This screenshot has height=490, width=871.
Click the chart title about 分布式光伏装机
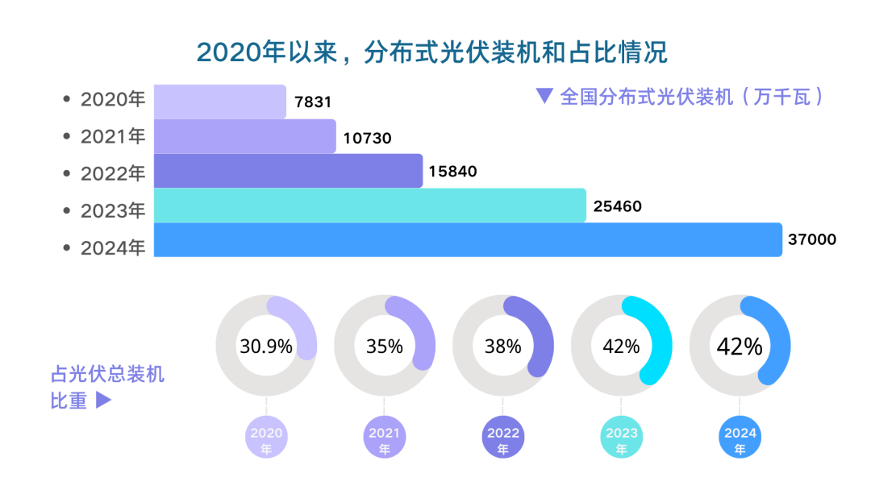(433, 53)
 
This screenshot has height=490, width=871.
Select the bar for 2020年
(219, 102)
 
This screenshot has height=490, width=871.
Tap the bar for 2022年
(288, 171)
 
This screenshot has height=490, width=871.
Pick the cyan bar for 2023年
(369, 206)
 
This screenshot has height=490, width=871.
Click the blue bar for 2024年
(468, 240)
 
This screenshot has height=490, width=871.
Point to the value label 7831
(314, 102)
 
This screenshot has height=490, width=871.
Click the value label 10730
(367, 138)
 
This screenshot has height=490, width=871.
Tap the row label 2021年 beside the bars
(113, 137)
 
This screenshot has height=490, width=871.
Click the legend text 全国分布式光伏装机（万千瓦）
(692, 97)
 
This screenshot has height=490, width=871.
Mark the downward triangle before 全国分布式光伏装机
(544, 96)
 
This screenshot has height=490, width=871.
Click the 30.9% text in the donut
(266, 347)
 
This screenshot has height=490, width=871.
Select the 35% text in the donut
(385, 347)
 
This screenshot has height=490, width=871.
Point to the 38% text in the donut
(503, 347)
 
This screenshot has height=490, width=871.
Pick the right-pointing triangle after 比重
(103, 400)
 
